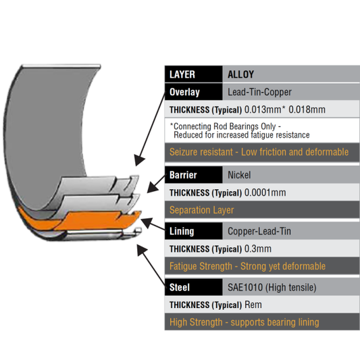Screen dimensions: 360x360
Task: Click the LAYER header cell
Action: click(x=194, y=74)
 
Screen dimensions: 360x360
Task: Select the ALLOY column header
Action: click(x=240, y=74)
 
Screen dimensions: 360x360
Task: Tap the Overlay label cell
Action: click(x=194, y=92)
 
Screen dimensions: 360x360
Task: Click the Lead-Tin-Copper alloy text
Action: click(x=259, y=92)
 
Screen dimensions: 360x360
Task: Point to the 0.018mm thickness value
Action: click(x=307, y=109)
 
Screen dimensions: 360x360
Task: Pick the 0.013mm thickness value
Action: click(x=263, y=109)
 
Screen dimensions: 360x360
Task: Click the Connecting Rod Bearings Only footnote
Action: click(x=240, y=130)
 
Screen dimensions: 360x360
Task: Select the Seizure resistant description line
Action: click(x=259, y=152)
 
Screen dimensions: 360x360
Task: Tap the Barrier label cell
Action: click(x=194, y=175)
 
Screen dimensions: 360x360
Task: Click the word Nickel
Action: click(x=239, y=175)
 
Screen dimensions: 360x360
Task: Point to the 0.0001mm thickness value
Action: click(x=265, y=192)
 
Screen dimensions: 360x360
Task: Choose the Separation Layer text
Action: click(x=201, y=210)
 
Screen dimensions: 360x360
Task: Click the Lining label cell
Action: click(x=194, y=231)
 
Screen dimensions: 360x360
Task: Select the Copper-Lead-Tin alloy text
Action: click(x=259, y=231)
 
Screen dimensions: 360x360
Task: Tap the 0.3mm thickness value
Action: click(x=258, y=249)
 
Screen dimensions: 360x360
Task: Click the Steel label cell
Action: click(x=194, y=287)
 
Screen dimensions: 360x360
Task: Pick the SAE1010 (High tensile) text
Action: click(x=272, y=288)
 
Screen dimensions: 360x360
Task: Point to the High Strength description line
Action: click(x=245, y=322)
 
